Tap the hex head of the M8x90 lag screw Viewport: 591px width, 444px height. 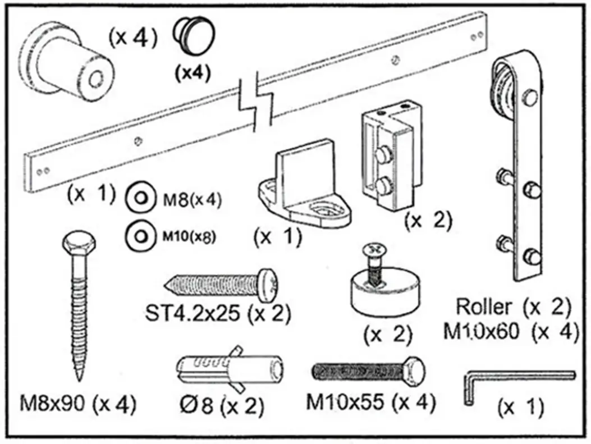tap(77, 245)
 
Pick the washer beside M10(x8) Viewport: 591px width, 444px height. tap(139, 235)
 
